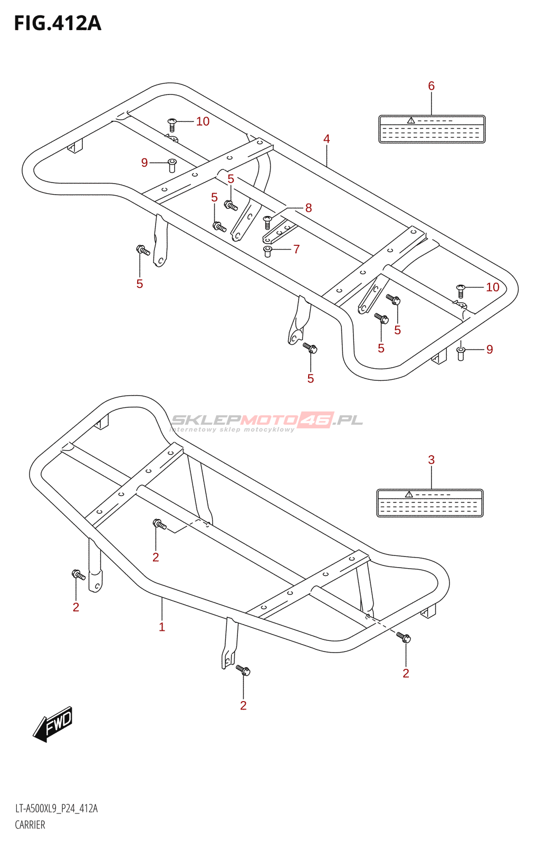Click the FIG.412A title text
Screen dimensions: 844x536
pos(58,24)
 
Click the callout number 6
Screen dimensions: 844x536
pos(431,86)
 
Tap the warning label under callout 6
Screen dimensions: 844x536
pos(432,129)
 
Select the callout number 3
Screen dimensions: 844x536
pos(431,460)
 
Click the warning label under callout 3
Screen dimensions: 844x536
pos(430,503)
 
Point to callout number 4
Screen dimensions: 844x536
pos(327,139)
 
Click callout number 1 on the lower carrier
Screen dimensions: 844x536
pos(162,627)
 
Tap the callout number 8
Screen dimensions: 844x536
pos(309,208)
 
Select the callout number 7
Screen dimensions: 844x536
pos(296,249)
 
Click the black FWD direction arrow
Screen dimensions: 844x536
pos(53,724)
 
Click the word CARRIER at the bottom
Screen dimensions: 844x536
pos(30,825)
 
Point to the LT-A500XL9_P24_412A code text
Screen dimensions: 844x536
pos(56,809)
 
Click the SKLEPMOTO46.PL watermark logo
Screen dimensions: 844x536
pos(266,421)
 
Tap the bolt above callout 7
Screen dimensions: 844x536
pos(267,251)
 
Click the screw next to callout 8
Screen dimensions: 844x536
pos(267,222)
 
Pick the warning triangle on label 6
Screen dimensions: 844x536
pos(410,121)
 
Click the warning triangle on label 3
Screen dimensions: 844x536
pos(408,494)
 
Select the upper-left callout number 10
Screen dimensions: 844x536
pos(203,122)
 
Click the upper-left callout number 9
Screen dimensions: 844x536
pos(145,163)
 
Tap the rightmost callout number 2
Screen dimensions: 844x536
pos(406,674)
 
